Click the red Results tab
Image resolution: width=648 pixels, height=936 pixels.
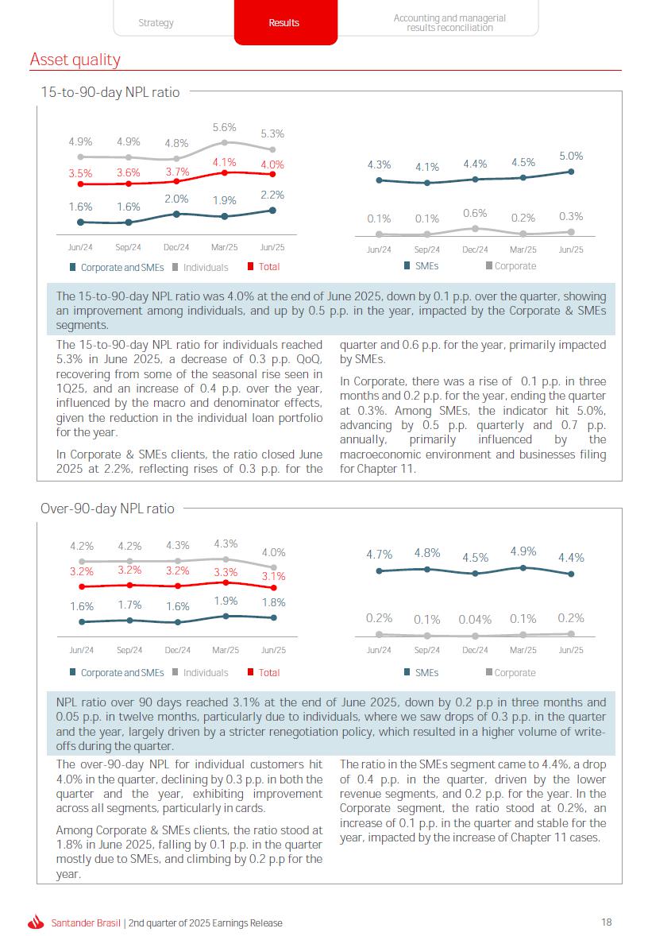pyautogui.click(x=285, y=22)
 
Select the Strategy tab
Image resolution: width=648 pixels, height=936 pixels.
pyautogui.click(x=156, y=23)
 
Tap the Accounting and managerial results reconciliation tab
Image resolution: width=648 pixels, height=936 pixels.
pyautogui.click(x=449, y=23)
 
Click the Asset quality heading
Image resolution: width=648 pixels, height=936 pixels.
pyautogui.click(x=75, y=60)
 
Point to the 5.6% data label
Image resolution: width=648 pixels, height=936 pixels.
pyautogui.click(x=225, y=127)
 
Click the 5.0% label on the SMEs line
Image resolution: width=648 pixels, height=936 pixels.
pyautogui.click(x=571, y=156)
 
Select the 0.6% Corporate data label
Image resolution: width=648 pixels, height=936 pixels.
pyautogui.click(x=475, y=213)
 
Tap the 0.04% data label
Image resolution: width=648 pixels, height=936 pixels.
pyautogui.click(x=475, y=620)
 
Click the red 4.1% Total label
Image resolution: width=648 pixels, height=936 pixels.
pyautogui.click(x=225, y=162)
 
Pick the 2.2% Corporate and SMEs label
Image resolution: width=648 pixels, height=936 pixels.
pyautogui.click(x=272, y=195)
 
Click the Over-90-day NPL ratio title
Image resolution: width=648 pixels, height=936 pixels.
pyautogui.click(x=107, y=509)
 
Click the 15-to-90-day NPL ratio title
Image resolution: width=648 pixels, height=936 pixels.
pyautogui.click(x=110, y=92)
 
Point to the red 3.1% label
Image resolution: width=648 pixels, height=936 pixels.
pyautogui.click(x=273, y=576)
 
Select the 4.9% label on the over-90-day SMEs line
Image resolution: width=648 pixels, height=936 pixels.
pyautogui.click(x=523, y=551)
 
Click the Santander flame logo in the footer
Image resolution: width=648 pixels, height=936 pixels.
pyautogui.click(x=37, y=922)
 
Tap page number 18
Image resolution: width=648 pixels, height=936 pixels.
pyautogui.click(x=606, y=922)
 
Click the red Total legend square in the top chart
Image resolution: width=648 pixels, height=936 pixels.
pyautogui.click(x=251, y=266)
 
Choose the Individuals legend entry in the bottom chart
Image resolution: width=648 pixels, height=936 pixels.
pyautogui.click(x=200, y=673)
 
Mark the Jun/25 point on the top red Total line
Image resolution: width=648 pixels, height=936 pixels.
pyautogui.click(x=272, y=174)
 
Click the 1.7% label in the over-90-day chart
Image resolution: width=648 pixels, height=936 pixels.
pyautogui.click(x=129, y=605)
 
